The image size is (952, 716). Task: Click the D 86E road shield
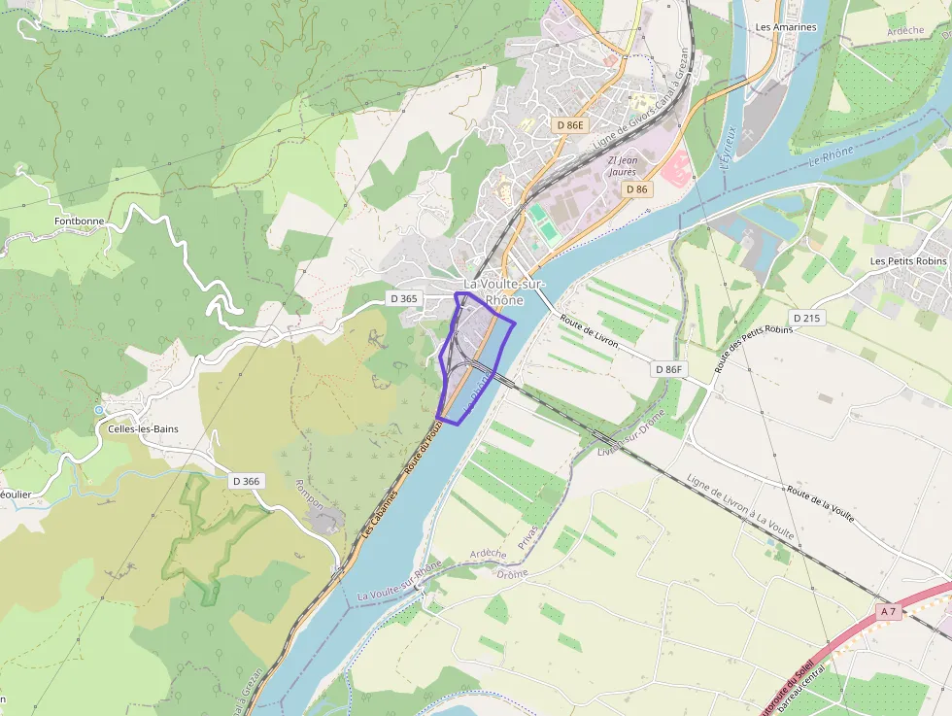click(570, 125)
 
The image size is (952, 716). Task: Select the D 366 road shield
click(247, 481)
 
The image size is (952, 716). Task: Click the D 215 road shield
click(807, 318)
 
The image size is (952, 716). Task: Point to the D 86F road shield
click(670, 369)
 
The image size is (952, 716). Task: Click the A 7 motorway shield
click(887, 611)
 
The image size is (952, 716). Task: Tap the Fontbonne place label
click(80, 221)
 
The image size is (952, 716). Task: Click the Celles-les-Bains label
click(144, 428)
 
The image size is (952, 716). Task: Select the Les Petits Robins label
click(908, 261)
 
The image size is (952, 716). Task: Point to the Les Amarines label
click(786, 27)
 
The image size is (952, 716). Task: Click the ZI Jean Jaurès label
click(622, 165)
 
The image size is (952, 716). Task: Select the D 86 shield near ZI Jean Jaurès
click(636, 188)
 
